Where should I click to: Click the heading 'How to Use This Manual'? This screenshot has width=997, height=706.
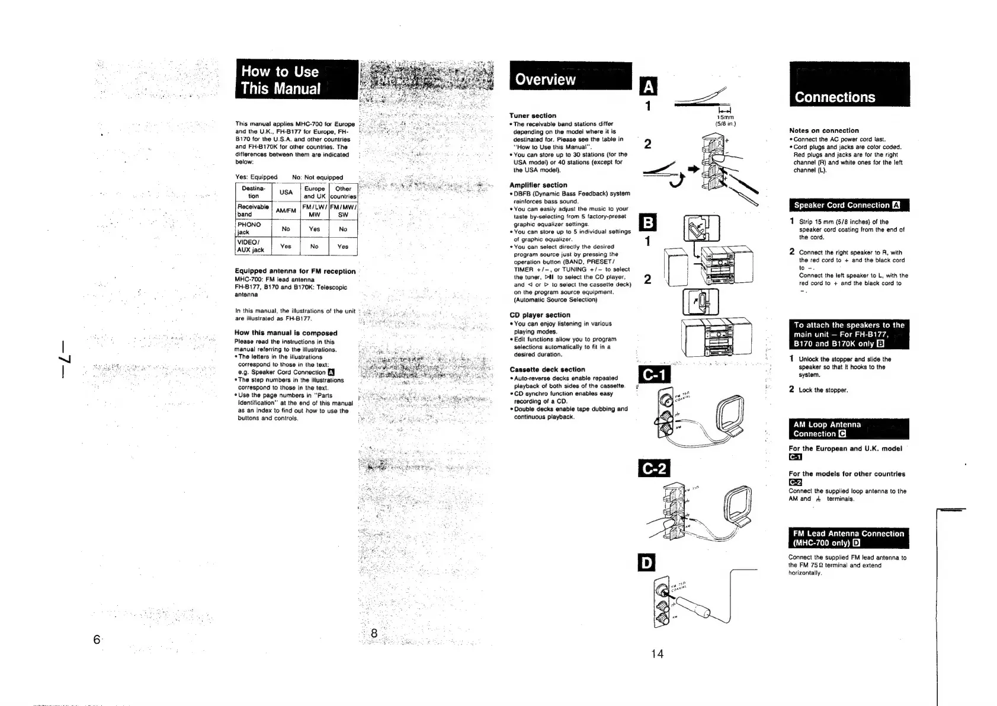(x=281, y=80)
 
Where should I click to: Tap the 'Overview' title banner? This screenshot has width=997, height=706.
(x=545, y=79)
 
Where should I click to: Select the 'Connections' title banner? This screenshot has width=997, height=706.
(x=835, y=97)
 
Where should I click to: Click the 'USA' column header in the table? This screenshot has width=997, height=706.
(x=286, y=193)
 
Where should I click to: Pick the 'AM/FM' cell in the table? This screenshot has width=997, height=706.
(x=286, y=210)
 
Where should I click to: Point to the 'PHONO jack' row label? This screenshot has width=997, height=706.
(x=249, y=228)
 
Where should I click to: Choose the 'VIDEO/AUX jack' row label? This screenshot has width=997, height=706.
(x=251, y=246)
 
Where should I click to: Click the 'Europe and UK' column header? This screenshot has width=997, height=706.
(x=315, y=193)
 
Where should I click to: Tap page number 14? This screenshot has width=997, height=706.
(x=657, y=654)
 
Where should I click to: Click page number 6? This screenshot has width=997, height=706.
(x=96, y=640)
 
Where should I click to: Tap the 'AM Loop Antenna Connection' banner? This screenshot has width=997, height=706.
(x=828, y=429)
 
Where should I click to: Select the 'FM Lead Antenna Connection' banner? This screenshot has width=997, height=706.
(x=848, y=538)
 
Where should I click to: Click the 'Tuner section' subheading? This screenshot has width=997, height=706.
(x=533, y=116)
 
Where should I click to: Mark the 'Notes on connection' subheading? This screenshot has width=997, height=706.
(x=823, y=130)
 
